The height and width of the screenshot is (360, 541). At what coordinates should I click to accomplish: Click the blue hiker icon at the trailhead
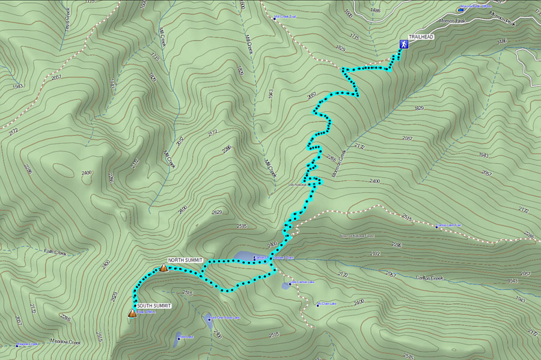click(405, 44)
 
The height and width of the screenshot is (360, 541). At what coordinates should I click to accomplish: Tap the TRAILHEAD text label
click(422, 37)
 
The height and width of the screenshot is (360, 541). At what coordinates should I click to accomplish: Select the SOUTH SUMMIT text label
click(154, 306)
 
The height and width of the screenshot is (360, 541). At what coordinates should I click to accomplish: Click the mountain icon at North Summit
click(163, 267)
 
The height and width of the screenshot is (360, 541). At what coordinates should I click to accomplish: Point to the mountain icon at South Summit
click(132, 313)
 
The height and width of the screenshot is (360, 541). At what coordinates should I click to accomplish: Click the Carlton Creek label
click(429, 278)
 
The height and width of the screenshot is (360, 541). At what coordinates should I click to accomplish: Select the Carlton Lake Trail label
click(450, 225)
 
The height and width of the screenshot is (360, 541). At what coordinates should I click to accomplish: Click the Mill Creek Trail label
click(286, 17)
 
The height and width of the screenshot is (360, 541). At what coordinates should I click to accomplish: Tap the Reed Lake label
click(185, 337)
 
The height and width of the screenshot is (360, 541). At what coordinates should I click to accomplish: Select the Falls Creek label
click(55, 253)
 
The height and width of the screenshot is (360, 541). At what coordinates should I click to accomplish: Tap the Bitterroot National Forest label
click(357, 236)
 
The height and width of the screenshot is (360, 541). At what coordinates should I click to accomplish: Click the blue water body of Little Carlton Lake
click(286, 285)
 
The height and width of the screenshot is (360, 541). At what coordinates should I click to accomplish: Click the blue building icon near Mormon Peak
click(461, 10)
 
